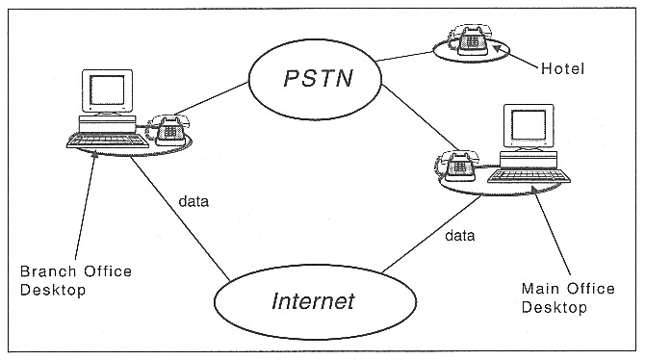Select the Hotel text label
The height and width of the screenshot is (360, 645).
point(564,69)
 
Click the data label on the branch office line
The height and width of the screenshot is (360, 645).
point(193,202)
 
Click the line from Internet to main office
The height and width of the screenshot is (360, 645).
point(414,240)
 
